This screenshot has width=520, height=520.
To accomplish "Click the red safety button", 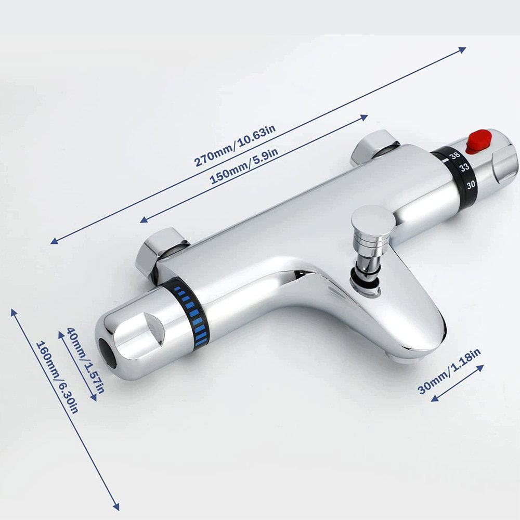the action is pos(478,142).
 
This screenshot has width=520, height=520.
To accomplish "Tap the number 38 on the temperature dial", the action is pos(455,155).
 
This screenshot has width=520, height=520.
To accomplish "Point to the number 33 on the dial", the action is pos(464,167).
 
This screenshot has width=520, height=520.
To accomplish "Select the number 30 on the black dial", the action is pos(471,185).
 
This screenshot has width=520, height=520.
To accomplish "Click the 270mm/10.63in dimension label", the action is pos(235,146).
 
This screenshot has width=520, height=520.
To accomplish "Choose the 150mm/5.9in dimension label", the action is pos(244,166).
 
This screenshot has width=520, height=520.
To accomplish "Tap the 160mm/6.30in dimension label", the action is pos(57,377).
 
